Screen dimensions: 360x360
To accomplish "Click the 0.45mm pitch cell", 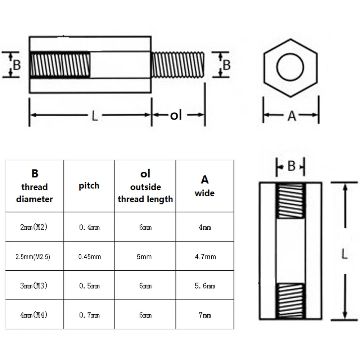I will coord(90,257).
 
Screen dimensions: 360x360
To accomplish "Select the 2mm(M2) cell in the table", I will coord(34,228).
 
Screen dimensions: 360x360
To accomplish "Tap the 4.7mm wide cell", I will coord(205,257).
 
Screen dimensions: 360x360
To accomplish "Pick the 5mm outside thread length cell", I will coord(145,257).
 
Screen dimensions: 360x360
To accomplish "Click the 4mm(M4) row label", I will coord(34,315).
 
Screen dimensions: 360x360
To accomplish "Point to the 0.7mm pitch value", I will coord(90,315).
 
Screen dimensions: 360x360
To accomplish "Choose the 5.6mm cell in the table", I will coord(205,286).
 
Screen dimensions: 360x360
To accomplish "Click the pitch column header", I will coord(89,186).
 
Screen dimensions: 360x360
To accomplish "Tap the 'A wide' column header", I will coord(204,186).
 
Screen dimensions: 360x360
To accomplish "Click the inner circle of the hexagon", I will coord(290,67).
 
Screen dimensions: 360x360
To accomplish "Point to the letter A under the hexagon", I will coord(292,116).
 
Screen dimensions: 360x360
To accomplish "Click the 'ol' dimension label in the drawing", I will coord(176,115).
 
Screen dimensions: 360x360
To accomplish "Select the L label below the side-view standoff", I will coord(94,116).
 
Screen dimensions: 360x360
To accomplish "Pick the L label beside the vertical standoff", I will coord(345,255).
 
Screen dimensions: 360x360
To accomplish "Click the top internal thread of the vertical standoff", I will coord(291,201).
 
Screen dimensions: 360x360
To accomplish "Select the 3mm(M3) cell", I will coord(34,286).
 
